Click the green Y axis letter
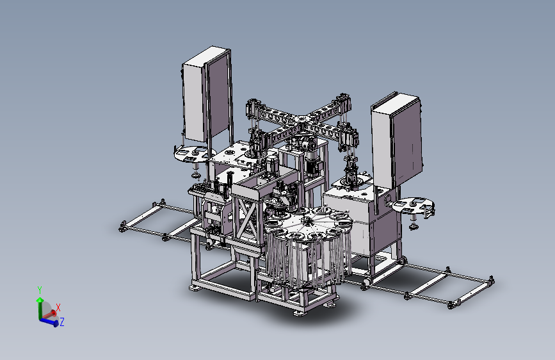coord(40,290)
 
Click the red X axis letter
coord(58,307)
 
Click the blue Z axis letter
coord(62,322)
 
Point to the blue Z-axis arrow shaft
coord(48,321)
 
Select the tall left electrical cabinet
coord(207,95)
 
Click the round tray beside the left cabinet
coord(194,154)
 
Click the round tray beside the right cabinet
coord(414,206)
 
